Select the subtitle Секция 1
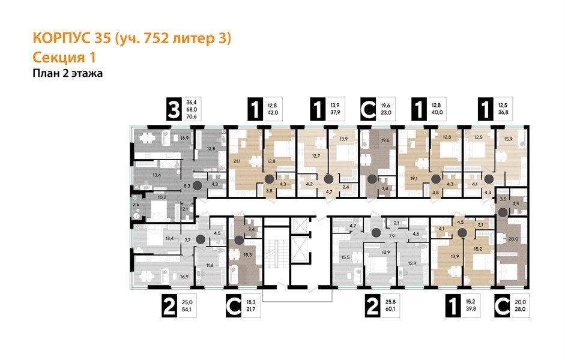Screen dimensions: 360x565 62,58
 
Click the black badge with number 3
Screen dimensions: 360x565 174,111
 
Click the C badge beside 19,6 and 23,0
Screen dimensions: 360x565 368,111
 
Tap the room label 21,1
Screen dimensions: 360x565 237,160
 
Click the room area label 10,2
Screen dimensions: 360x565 145,196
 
